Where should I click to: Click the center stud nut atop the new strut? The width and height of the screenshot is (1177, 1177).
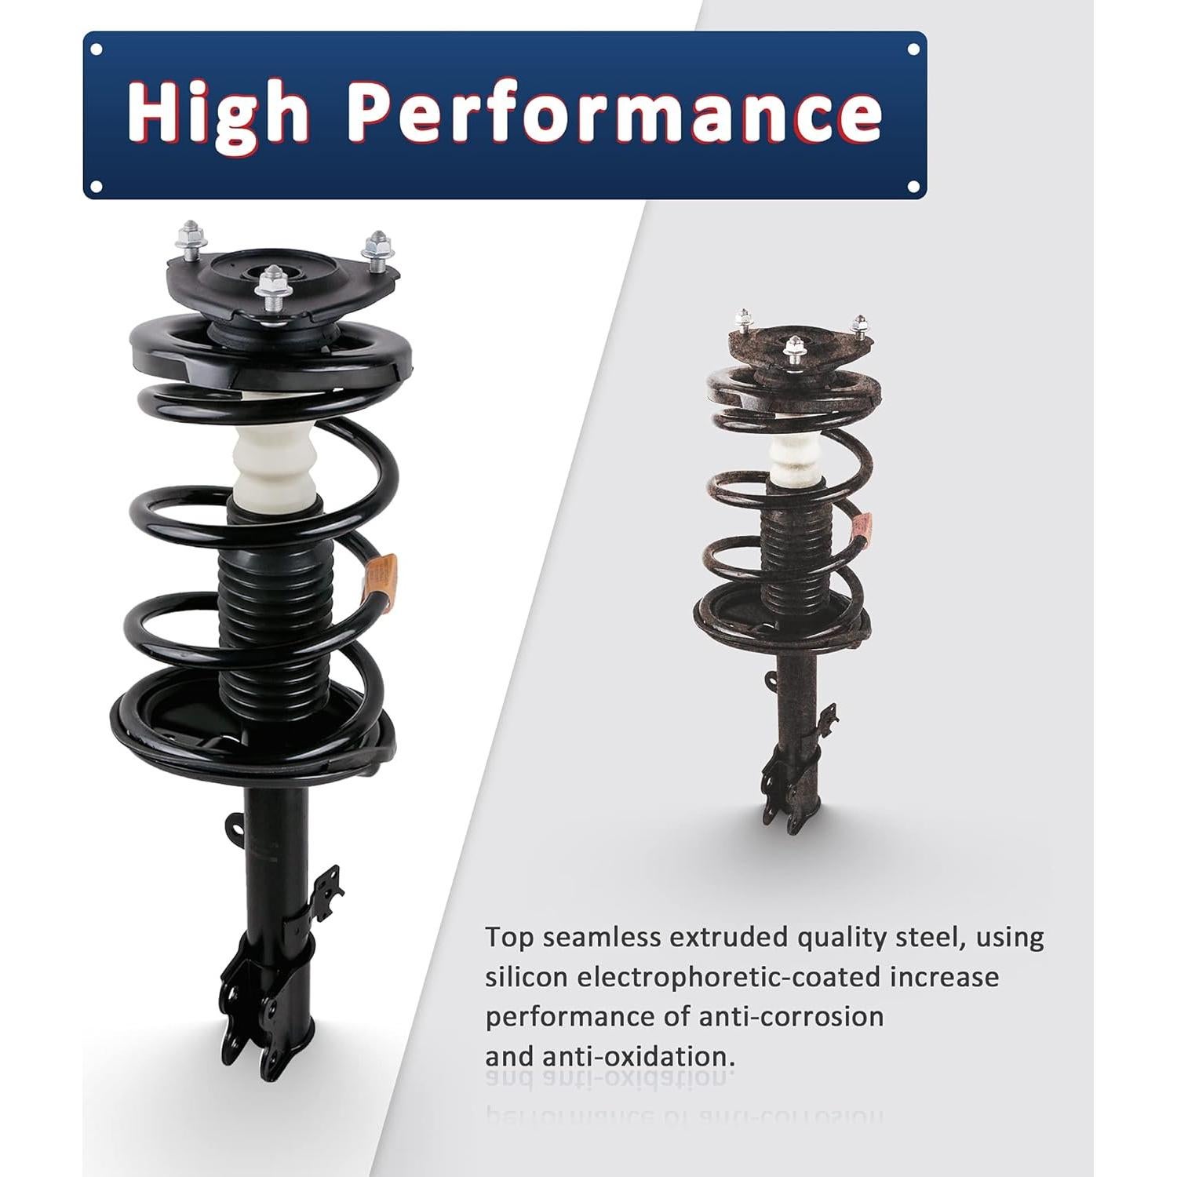(272, 286)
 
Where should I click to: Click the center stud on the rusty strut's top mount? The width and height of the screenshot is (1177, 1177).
(795, 346)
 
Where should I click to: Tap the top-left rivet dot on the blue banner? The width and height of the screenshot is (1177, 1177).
(97, 49)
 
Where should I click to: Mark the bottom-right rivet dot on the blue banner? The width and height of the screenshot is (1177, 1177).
(913, 186)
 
